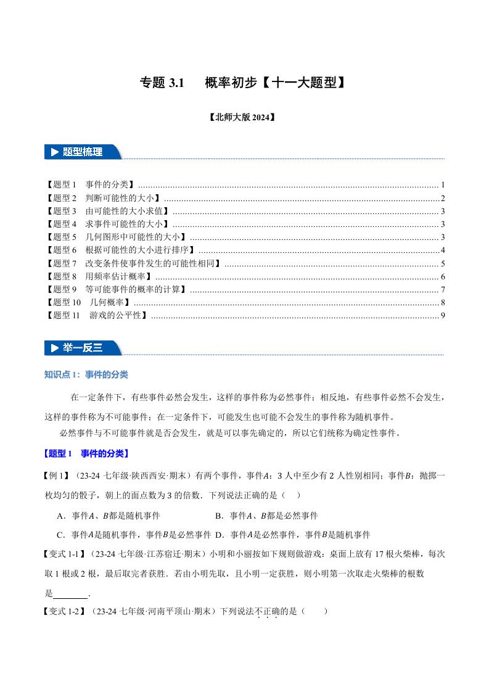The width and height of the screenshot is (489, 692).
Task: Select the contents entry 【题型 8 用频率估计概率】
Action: point(99,276)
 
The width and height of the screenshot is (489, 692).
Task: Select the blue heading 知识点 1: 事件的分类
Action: point(86,375)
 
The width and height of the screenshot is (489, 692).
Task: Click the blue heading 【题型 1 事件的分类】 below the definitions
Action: point(86,454)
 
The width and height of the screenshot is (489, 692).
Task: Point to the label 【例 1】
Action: point(59,476)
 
